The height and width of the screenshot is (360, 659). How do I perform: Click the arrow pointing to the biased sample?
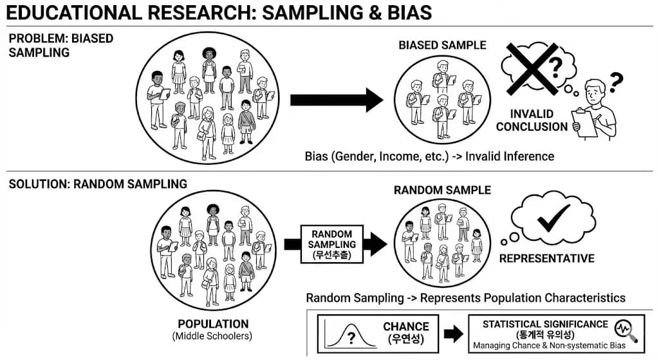click(337, 100)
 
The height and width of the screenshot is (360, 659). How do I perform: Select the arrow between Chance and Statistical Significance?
click(453, 333)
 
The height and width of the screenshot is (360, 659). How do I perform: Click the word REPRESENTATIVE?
click(546, 259)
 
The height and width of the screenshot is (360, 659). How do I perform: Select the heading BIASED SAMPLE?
click(442, 45)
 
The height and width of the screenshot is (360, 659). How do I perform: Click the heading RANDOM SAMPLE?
click(442, 190)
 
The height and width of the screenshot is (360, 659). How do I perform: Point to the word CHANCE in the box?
click(405, 327)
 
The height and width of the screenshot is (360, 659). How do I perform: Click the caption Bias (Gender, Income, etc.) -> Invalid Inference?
click(429, 156)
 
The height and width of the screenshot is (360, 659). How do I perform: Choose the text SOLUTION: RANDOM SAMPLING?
click(98, 184)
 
